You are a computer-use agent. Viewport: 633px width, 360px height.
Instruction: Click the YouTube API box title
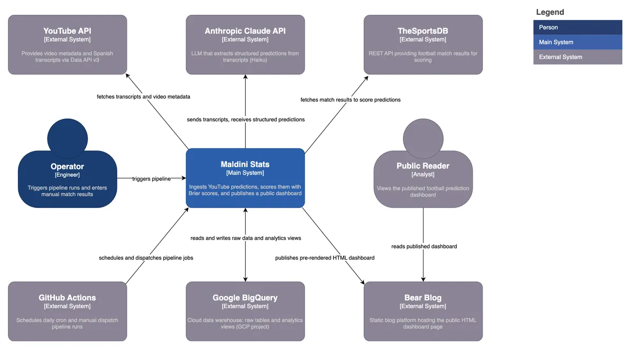[x=68, y=31]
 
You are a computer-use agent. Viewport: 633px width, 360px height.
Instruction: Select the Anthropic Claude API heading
[x=245, y=31]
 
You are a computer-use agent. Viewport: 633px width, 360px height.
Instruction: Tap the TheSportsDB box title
[x=423, y=31]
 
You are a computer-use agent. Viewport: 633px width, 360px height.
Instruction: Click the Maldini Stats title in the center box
[x=245, y=165]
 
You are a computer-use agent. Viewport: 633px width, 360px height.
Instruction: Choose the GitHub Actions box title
[x=68, y=298]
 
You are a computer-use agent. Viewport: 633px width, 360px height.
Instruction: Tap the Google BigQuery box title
[x=245, y=298]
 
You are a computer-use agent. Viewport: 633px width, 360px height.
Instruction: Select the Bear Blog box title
[x=423, y=298]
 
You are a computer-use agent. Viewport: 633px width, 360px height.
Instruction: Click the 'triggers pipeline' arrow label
[x=151, y=179]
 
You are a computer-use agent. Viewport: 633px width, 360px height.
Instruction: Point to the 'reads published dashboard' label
[x=424, y=247]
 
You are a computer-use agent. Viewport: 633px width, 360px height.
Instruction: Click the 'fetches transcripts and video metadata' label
[x=143, y=97]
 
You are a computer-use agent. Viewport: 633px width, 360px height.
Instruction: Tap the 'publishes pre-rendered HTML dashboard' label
[x=325, y=258]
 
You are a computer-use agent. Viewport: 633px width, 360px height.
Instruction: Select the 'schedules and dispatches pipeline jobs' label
[x=146, y=258]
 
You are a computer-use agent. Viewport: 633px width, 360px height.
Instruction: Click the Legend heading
[x=550, y=12]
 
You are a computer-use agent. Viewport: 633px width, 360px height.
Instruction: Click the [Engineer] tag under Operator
[x=67, y=175]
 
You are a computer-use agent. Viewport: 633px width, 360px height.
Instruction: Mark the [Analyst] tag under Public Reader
[x=423, y=175]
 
